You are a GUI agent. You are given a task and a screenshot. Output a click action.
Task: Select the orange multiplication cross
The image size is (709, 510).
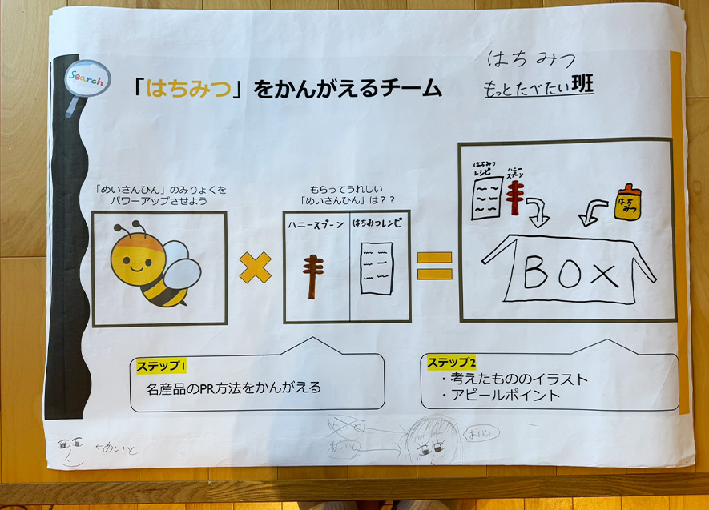pyautogui.click(x=255, y=267)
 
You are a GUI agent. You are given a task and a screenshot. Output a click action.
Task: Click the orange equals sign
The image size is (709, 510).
pyautogui.click(x=433, y=266)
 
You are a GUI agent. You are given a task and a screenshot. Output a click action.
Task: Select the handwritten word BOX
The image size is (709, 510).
pyautogui.click(x=570, y=274)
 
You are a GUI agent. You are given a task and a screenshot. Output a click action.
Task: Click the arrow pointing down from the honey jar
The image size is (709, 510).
pyautogui.click(x=594, y=213)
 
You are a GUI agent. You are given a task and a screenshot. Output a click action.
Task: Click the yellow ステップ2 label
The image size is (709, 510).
pyautogui.click(x=452, y=362)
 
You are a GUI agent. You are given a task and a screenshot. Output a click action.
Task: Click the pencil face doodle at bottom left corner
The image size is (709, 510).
pyautogui.click(x=70, y=450)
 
